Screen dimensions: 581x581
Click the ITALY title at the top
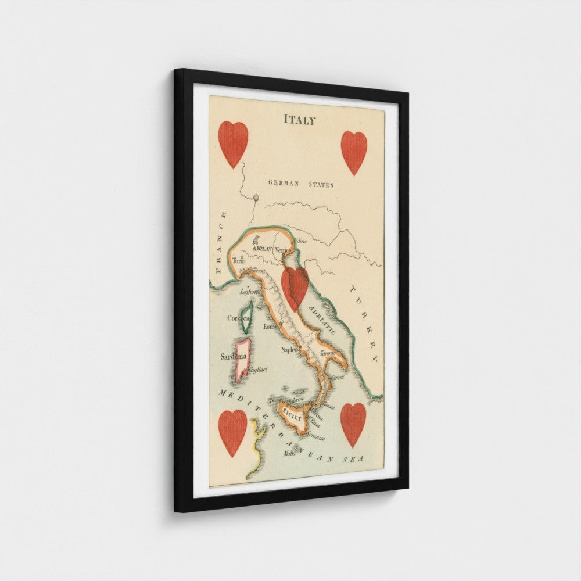click(x=299, y=120)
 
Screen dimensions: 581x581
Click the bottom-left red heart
click(x=232, y=432)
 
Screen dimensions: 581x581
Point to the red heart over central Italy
click(x=295, y=288)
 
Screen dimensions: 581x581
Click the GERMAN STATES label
click(x=300, y=184)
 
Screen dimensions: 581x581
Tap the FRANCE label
click(x=220, y=242)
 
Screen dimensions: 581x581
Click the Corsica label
click(x=238, y=318)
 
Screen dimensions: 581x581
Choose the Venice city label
click(x=282, y=250)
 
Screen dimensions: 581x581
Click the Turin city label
click(x=239, y=261)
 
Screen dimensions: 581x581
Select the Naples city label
click(x=289, y=349)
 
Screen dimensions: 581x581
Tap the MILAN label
click(x=264, y=249)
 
